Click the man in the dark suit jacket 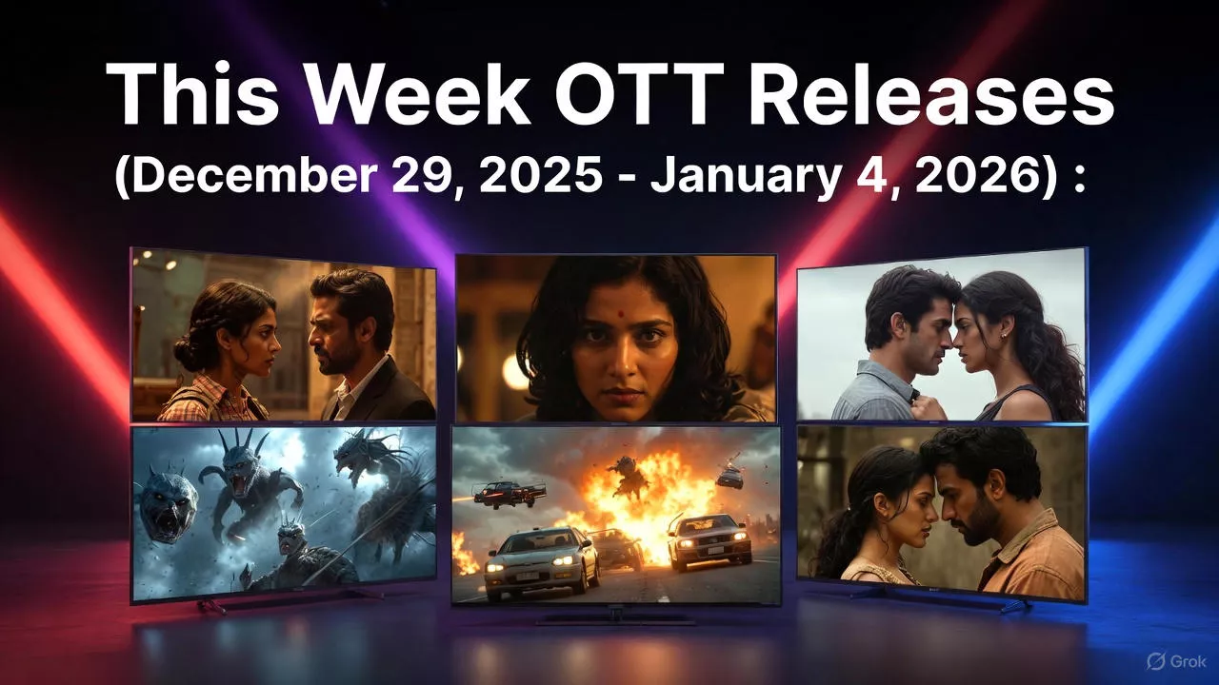coord(367,352)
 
